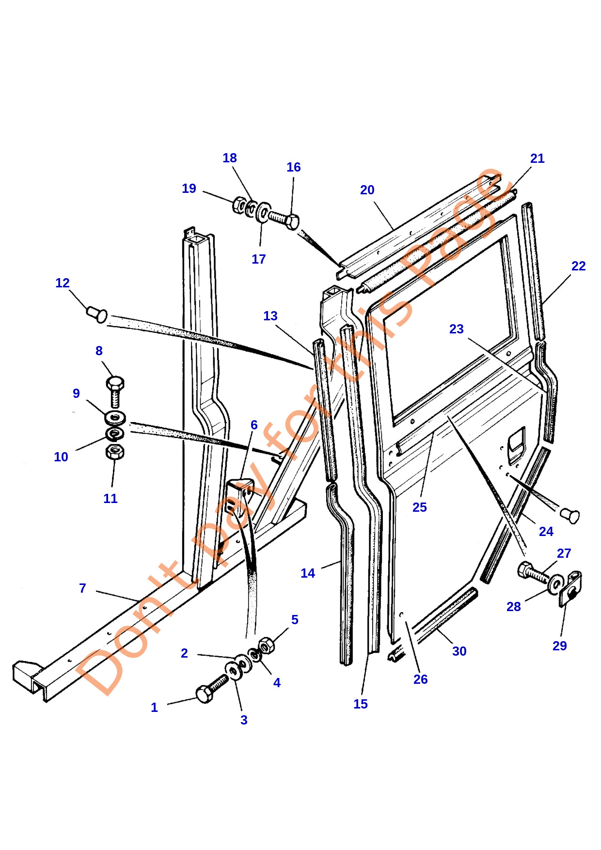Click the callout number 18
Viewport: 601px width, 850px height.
click(x=230, y=158)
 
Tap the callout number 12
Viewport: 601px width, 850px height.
click(x=63, y=283)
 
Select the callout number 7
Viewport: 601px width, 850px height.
click(x=82, y=588)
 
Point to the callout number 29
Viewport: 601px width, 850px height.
click(x=559, y=645)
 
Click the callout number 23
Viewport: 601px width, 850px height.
click(x=456, y=329)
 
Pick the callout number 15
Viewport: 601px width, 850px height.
click(x=360, y=704)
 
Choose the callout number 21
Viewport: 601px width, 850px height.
click(x=537, y=158)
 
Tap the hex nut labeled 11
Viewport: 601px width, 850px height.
click(x=115, y=452)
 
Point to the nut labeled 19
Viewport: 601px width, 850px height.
click(x=239, y=205)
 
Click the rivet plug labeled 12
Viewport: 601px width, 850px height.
click(x=97, y=314)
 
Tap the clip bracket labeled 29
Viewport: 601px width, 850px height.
click(x=571, y=588)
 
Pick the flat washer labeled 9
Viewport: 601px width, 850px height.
click(x=115, y=416)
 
